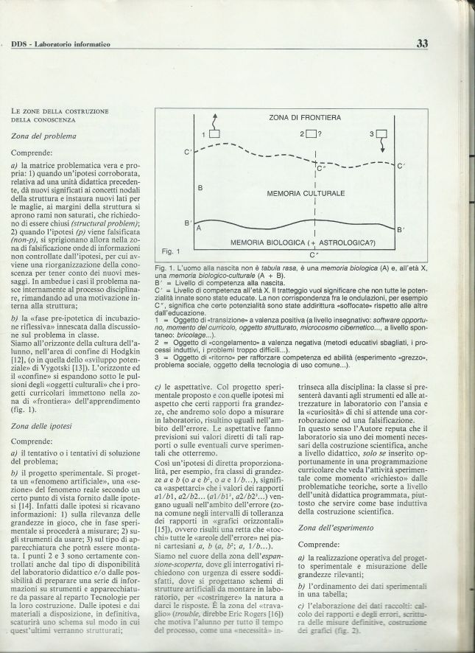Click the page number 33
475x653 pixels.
pos(421,43)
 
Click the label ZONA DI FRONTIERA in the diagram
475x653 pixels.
pos(300,118)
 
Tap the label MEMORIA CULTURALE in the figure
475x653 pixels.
pos(306,193)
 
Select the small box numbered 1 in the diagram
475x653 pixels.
pos(214,133)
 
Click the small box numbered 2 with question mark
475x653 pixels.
pos(311,133)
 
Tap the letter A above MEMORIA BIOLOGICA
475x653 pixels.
pos(199,229)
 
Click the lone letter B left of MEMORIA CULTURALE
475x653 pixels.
pos(200,188)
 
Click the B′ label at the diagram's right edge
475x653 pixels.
pos(400,230)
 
